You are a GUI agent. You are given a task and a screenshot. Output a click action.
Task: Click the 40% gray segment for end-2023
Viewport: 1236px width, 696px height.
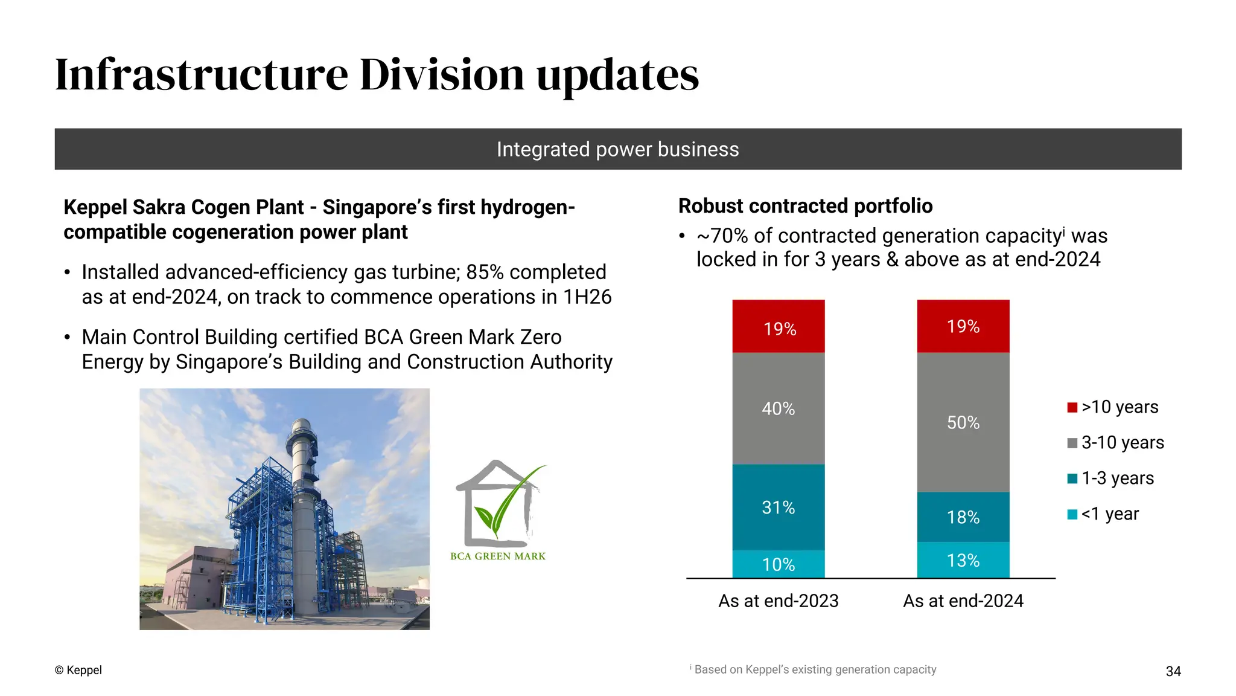778,408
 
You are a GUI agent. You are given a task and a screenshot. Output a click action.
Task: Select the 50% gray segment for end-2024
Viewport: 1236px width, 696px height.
963,422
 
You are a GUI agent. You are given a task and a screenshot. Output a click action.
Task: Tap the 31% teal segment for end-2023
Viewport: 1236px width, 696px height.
778,507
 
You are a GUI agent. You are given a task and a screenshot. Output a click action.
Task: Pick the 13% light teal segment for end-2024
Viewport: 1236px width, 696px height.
963,560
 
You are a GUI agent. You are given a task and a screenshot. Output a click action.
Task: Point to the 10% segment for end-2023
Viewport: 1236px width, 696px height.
778,564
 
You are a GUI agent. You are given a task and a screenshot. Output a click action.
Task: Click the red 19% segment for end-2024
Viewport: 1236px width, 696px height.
963,326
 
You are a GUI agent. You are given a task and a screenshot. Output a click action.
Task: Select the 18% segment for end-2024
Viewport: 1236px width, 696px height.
963,517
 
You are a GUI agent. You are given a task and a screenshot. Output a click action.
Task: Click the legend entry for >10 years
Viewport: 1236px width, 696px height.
1113,407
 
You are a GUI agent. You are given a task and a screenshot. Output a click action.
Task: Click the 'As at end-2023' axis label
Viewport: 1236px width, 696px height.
778,601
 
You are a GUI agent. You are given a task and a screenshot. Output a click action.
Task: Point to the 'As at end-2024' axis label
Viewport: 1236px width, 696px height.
963,601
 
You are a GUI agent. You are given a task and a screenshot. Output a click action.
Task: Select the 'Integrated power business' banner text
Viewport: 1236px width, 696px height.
617,149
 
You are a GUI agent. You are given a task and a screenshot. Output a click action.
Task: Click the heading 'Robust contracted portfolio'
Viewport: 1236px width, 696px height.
805,206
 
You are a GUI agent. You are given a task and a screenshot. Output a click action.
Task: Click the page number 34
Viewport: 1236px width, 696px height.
1173,671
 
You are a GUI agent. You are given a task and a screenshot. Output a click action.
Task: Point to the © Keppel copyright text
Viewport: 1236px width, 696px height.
78,670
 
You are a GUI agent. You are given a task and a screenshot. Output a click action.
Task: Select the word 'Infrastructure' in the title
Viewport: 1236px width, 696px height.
202,75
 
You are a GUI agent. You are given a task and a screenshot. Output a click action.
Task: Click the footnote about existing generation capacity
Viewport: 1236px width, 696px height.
814,669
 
